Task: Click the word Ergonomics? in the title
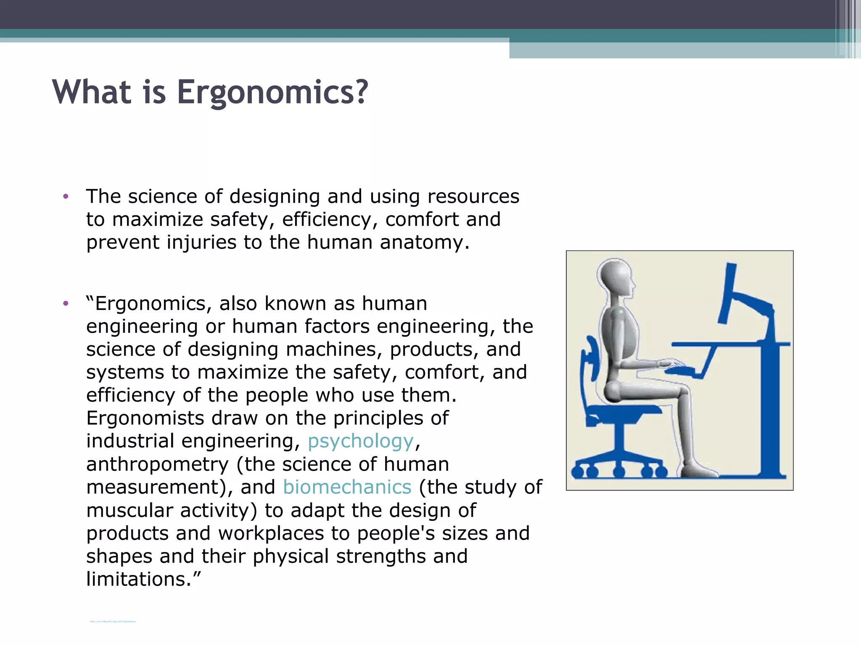(272, 92)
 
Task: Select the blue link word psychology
(361, 441)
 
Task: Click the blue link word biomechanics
(347, 487)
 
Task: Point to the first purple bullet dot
(65, 196)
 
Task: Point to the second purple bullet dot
(65, 303)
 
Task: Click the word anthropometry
(158, 464)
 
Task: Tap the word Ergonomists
(145, 418)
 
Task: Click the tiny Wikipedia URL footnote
(113, 621)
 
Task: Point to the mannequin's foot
(698, 470)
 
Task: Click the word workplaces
(271, 533)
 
